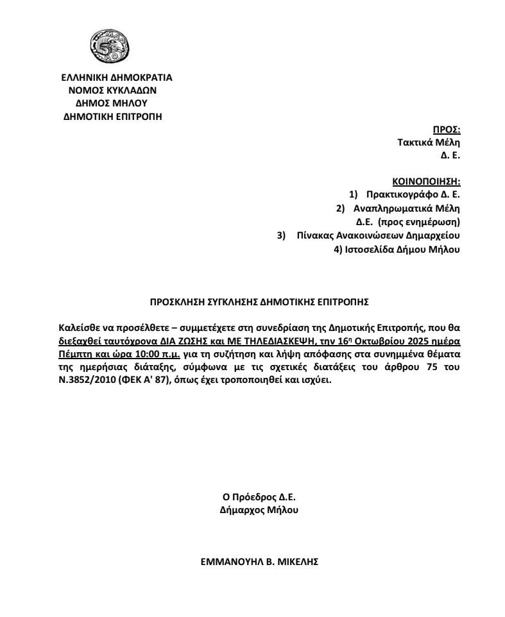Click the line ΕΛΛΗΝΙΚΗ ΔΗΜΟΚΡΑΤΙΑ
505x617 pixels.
point(117,78)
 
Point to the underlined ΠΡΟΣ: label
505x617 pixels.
point(447,130)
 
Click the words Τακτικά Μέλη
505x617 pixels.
point(429,143)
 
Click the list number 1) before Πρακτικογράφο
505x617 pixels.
point(354,194)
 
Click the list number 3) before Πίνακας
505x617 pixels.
point(281,235)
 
